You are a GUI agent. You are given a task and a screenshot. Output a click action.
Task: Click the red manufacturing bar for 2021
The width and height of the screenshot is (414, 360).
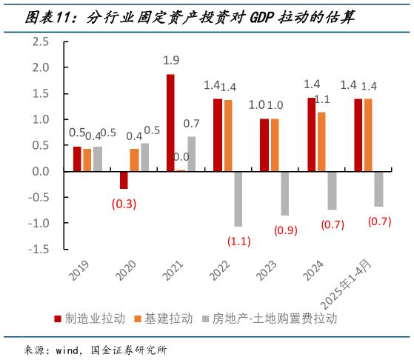(x=170, y=123)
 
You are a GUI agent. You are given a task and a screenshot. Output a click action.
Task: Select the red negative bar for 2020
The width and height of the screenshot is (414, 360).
(x=124, y=180)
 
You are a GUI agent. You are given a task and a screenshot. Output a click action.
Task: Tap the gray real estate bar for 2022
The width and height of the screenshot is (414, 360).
(x=238, y=199)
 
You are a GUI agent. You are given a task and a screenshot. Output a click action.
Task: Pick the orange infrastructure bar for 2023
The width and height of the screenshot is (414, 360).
(x=275, y=144)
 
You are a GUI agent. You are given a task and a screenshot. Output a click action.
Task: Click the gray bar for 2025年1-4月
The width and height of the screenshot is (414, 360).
(x=378, y=189)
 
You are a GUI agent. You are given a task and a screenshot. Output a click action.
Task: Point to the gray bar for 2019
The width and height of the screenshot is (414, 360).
(x=97, y=159)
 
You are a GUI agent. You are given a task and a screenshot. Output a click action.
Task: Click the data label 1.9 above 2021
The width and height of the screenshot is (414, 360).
(x=171, y=60)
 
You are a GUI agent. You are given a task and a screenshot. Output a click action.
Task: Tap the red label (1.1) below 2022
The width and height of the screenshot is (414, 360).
(x=238, y=241)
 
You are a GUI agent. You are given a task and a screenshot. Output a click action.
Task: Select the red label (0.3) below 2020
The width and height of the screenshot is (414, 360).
(x=124, y=204)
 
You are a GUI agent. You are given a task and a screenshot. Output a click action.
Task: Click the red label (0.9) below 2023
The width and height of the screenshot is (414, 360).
(x=285, y=230)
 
